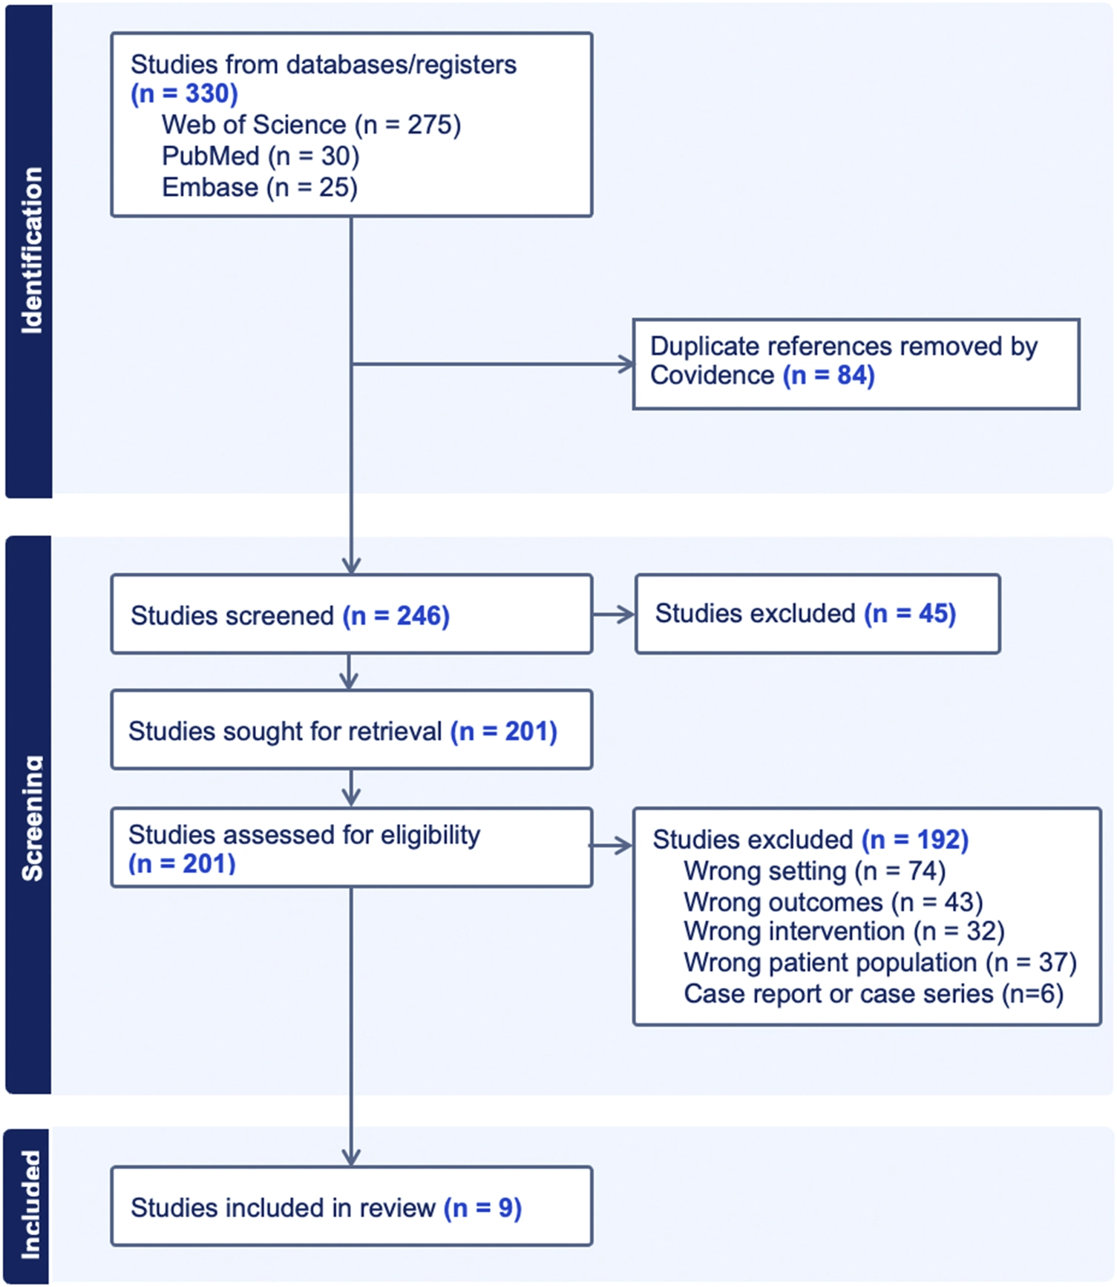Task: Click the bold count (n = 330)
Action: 184,94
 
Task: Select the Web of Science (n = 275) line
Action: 312,125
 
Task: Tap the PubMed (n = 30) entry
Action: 261,157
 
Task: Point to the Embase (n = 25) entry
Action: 260,188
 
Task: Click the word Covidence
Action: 713,376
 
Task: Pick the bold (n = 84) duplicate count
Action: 829,376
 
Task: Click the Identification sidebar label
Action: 32,250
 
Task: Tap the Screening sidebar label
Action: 32,818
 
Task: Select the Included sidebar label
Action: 30,1205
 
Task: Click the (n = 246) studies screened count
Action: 396,616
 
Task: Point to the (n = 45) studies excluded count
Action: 910,614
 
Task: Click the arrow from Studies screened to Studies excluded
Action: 614,615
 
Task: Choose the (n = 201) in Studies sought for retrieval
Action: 504,732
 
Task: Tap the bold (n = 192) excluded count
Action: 915,840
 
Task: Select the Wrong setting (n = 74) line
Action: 815,871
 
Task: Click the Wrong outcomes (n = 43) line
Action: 833,903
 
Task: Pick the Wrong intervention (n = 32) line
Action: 845,931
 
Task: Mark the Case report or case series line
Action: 874,994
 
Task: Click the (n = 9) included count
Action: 483,1208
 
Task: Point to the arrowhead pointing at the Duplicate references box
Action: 627,364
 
